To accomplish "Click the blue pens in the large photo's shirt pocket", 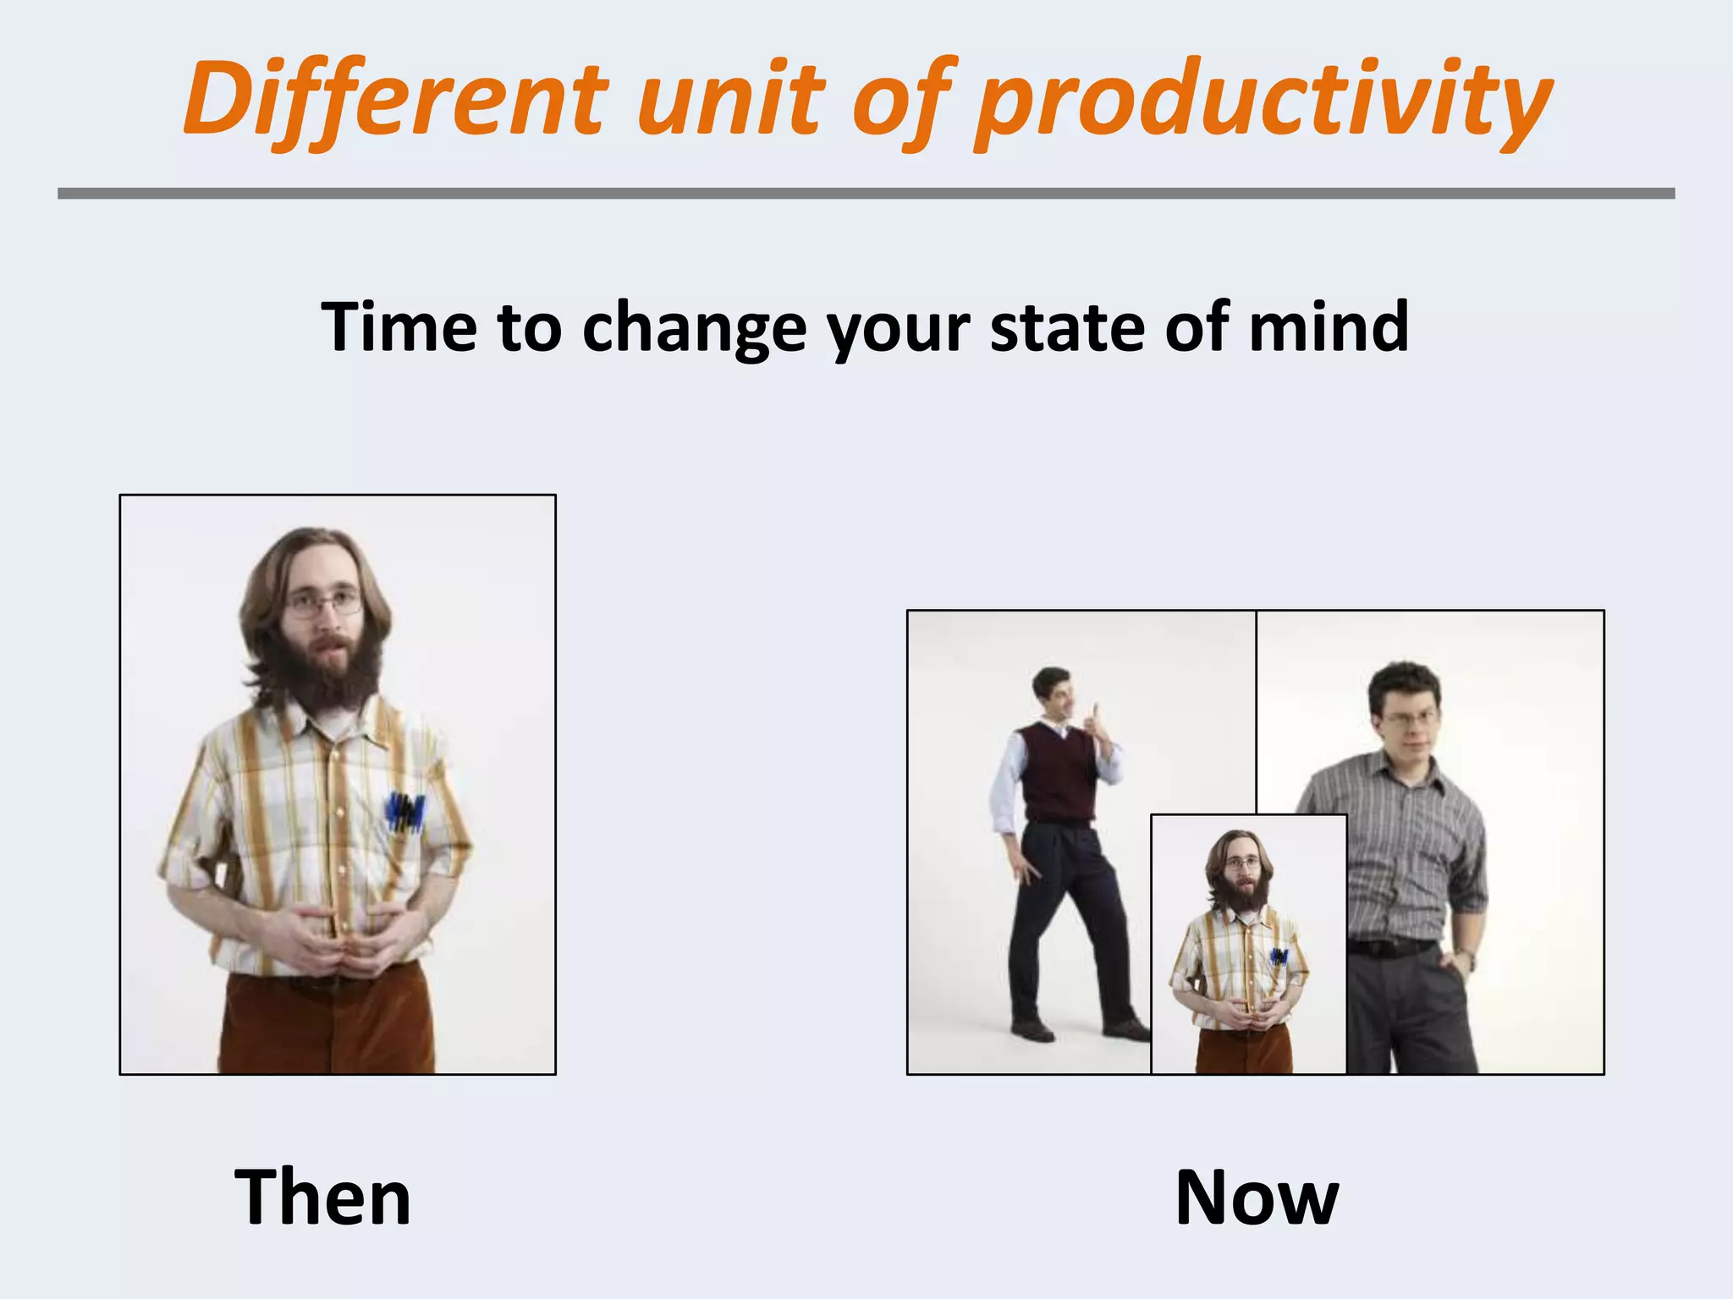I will tap(405, 811).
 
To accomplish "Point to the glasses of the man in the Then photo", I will tap(324, 604).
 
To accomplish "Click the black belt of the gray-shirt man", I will tap(1391, 947).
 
